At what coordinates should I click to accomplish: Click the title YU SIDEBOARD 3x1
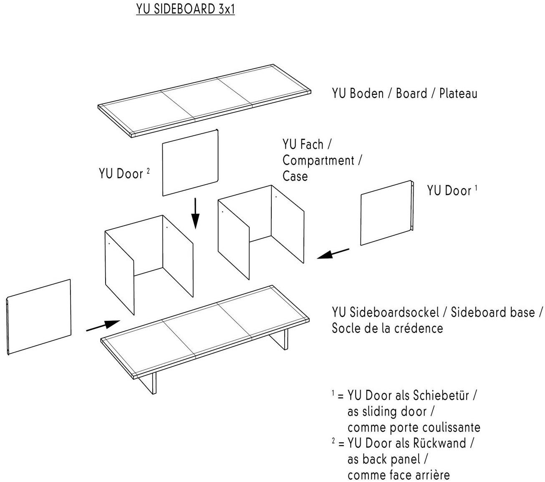click(x=185, y=9)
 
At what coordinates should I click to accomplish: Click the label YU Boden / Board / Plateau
click(x=404, y=93)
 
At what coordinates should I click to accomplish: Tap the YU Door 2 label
click(x=124, y=173)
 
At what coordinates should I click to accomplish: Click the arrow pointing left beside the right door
click(x=333, y=254)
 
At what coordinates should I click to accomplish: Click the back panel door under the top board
click(x=190, y=163)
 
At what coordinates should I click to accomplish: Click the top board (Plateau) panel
click(x=204, y=100)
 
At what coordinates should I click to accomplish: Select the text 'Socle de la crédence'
click(x=387, y=328)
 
